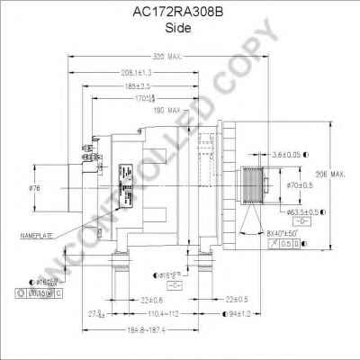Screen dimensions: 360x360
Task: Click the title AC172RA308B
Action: point(180,13)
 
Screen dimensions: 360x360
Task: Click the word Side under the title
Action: point(179,27)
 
